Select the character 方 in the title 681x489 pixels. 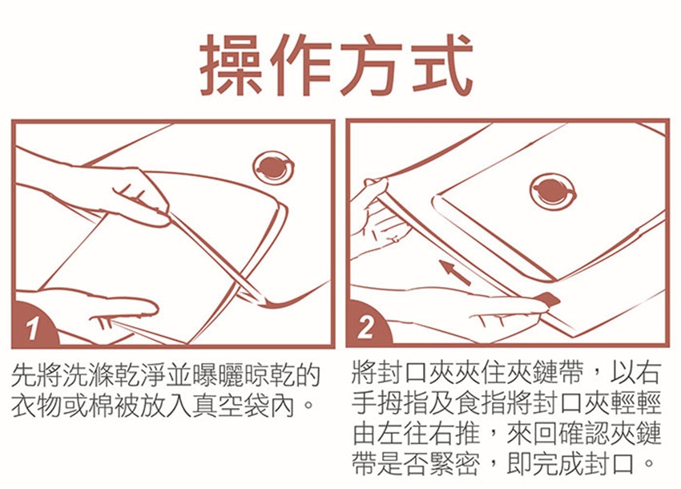[371, 65]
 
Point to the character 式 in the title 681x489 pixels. [440, 65]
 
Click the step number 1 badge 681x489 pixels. [34, 327]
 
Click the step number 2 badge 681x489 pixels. [367, 326]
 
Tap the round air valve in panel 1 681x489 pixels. [273, 168]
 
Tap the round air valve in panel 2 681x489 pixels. [553, 192]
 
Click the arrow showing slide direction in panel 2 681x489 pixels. [455, 272]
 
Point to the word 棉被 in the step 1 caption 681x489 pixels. [103, 406]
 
